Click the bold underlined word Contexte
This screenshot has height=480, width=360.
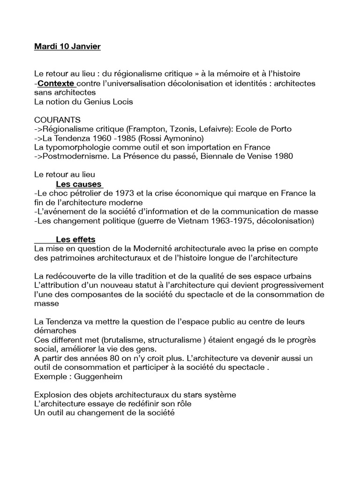click(x=56, y=83)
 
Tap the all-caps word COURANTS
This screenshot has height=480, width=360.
click(x=57, y=120)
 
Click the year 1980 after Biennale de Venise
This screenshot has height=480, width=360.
click(x=283, y=156)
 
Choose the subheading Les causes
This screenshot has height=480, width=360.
click(x=79, y=184)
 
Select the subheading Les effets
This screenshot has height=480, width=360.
click(x=75, y=239)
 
